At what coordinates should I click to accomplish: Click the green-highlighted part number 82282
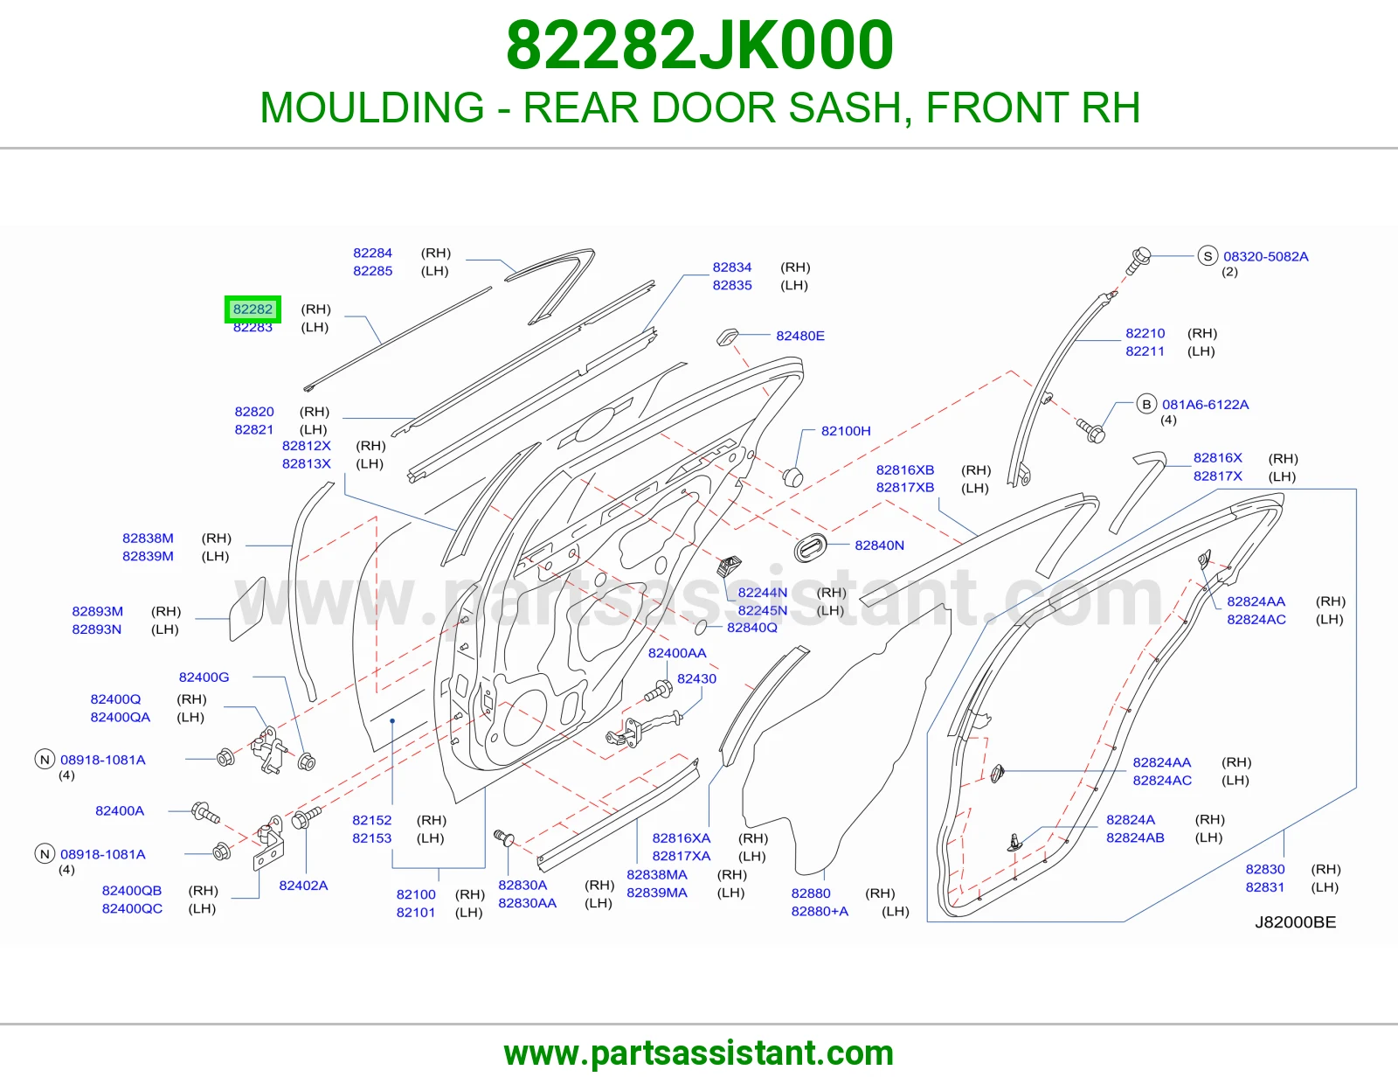253,309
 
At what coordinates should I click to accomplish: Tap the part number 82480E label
799,336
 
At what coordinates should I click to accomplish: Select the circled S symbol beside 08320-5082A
1208,256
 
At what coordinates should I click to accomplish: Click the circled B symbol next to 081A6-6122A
1145,404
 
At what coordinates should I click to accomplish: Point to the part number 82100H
846,431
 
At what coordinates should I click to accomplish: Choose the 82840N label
879,545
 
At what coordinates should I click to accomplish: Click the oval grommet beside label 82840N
811,547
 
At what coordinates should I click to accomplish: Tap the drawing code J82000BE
1295,922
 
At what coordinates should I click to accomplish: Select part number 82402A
303,886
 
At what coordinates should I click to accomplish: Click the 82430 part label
696,678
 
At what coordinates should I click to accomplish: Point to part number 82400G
204,677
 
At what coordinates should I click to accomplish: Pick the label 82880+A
820,912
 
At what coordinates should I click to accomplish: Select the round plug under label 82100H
792,477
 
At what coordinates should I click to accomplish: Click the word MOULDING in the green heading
372,108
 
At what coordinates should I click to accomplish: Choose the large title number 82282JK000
699,45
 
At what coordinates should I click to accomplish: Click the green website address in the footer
699,1053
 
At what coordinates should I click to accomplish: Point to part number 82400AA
677,653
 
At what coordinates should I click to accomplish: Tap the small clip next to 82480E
728,337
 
